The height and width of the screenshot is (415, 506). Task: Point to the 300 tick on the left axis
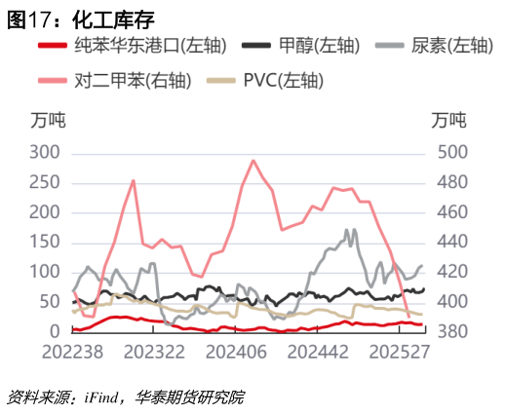(x=46, y=153)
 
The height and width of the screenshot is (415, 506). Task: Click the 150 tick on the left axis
(x=46, y=243)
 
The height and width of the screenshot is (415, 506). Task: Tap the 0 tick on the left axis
(x=57, y=332)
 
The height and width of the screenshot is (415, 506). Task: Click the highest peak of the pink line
(x=253, y=161)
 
